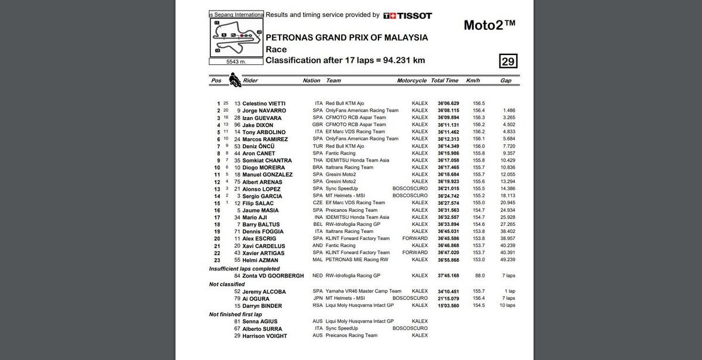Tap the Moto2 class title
click(x=489, y=25)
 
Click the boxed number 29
click(x=508, y=61)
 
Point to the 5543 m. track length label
click(x=236, y=61)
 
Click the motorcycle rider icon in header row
click(x=235, y=80)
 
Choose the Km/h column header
click(x=473, y=81)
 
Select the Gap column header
click(x=505, y=81)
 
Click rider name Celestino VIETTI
click(x=264, y=104)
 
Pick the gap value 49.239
click(x=507, y=260)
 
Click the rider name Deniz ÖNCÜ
click(x=259, y=146)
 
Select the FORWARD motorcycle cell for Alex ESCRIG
click(x=415, y=239)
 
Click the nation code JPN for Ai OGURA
click(x=318, y=299)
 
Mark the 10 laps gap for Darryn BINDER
click(x=507, y=306)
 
